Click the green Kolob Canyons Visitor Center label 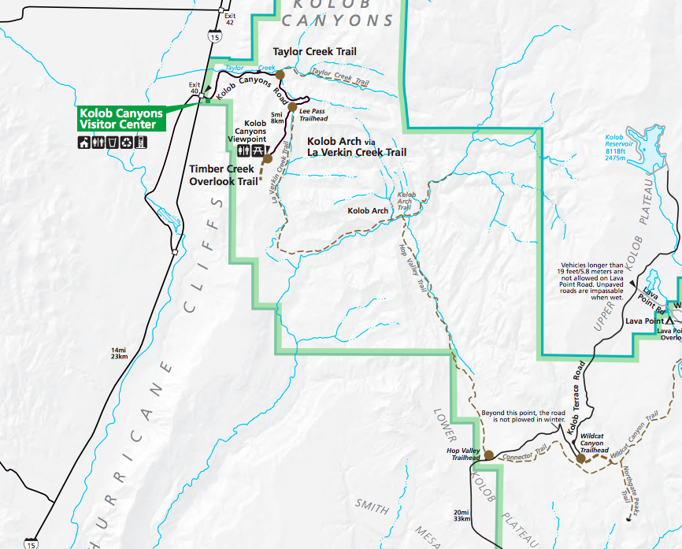click(x=120, y=118)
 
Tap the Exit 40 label click(x=195, y=87)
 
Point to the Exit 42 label click(x=229, y=19)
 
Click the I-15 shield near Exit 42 click(x=215, y=36)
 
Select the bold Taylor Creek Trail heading click(x=314, y=51)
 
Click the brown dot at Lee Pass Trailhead click(x=292, y=106)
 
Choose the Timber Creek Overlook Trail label click(x=224, y=175)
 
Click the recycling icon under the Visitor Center click(x=127, y=143)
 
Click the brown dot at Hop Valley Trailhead click(x=488, y=455)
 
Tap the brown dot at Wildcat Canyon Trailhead click(x=581, y=458)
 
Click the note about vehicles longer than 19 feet click(x=591, y=281)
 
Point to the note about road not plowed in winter click(x=523, y=416)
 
